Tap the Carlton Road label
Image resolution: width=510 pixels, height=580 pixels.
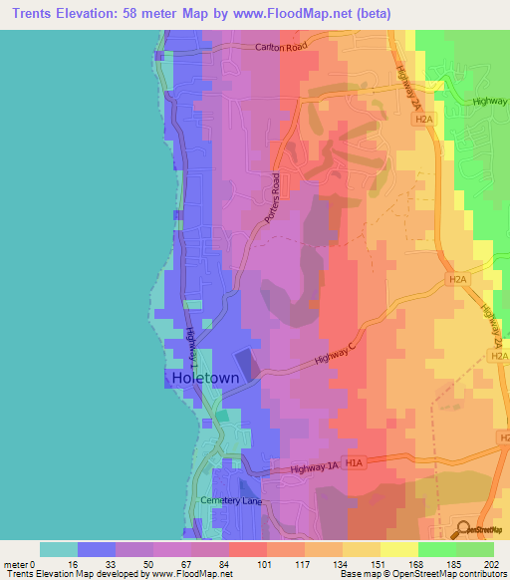tap(282, 47)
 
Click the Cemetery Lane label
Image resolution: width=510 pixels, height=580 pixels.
tap(230, 500)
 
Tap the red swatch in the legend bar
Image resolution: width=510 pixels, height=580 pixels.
tap(247, 549)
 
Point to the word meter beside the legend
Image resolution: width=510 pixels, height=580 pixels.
tap(16, 563)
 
